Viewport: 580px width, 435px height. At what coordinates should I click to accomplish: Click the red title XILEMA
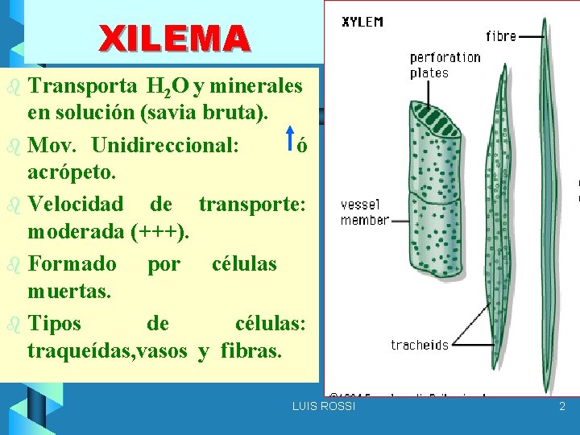coord(174,38)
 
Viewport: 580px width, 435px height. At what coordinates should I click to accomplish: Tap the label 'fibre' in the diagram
coord(502,35)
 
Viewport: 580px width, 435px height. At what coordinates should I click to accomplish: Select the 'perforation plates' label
coord(445,64)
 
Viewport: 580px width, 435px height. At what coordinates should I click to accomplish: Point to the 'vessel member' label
coord(365,212)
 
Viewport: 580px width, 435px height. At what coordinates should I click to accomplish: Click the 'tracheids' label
coord(420,345)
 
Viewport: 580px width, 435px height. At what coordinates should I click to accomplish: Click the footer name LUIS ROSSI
coord(323,407)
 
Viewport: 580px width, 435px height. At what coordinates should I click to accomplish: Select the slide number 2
coord(562,407)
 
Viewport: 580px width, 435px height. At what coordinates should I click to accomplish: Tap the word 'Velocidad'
coord(76,204)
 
